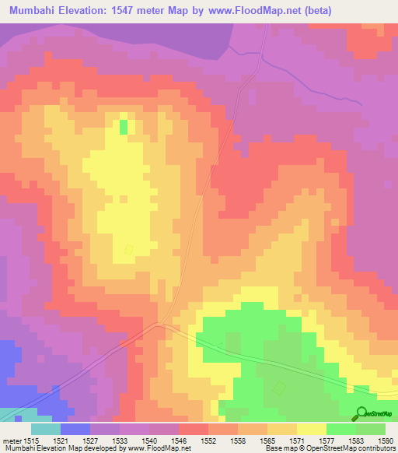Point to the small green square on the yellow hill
coord(123,126)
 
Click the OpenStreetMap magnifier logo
coord(361,414)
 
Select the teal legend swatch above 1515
coord(46,429)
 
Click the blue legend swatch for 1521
coord(75,429)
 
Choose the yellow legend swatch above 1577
coord(312,429)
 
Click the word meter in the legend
coord(11,440)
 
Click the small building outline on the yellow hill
coord(129,249)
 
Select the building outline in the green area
coord(278,388)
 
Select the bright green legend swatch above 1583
coord(341,429)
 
